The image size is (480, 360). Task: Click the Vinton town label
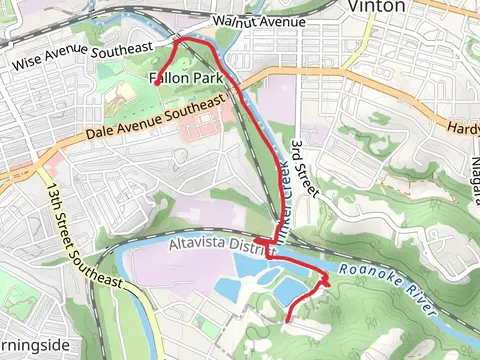(x=377, y=6)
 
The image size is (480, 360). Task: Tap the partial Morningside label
(x=32, y=346)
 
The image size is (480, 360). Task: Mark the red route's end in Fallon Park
(x=157, y=86)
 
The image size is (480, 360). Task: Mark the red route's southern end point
(x=288, y=320)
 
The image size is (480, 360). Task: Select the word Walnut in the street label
(x=232, y=22)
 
